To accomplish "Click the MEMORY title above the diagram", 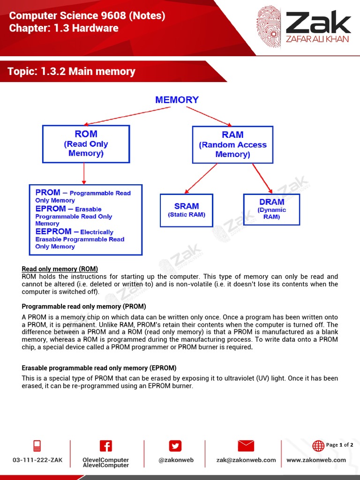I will coord(177,100).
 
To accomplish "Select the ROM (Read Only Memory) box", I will coord(86,143).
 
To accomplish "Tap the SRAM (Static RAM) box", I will coord(187,210).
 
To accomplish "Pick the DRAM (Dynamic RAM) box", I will coord(271,209).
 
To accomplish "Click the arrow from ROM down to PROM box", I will coord(84,173).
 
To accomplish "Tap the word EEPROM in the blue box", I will coord(53,232).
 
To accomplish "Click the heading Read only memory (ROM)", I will coord(60,269).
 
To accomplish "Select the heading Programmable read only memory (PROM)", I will coord(84,307).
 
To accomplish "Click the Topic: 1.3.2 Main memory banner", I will coord(71,72).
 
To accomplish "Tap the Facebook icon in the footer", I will coord(105,446).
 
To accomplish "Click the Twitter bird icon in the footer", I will coord(175,446).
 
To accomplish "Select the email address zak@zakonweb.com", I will coord(246,460).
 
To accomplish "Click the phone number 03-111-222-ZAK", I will coord(37,460).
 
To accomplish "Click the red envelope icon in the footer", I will coord(246,446).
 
